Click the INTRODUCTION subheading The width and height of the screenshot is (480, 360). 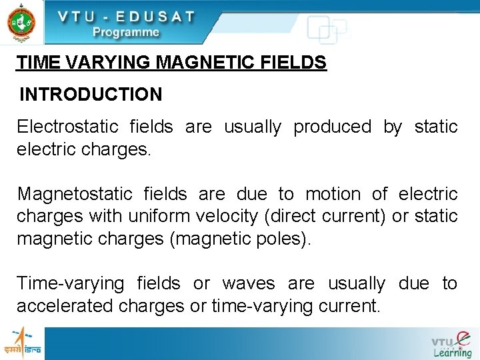point(91,95)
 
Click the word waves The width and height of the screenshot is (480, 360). point(248,284)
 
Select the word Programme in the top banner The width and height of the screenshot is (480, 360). point(126,32)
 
